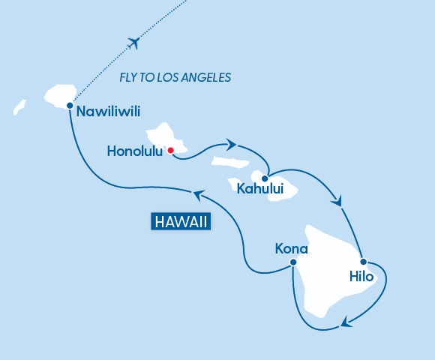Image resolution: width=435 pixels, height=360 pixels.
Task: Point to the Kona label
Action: point(292,247)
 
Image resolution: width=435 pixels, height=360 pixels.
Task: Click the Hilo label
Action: point(361,276)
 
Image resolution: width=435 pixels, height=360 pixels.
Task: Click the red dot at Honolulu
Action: point(171,150)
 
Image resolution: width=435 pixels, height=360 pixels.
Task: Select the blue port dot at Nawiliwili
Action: point(69,105)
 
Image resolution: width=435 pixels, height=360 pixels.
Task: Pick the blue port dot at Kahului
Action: point(265,178)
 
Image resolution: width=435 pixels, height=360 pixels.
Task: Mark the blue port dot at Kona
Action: point(293,262)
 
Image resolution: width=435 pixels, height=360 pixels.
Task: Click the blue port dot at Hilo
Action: point(363,262)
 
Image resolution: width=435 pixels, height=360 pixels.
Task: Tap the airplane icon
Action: point(135,42)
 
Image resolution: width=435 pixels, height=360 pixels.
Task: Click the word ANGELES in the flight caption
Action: point(206,77)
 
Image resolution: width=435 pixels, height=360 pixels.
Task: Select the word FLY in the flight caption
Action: point(129,77)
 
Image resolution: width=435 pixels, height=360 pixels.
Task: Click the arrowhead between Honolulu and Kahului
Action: point(232,144)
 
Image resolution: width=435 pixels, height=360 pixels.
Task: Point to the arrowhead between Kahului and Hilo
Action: point(337,201)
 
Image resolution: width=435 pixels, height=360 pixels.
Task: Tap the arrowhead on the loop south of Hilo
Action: point(346,323)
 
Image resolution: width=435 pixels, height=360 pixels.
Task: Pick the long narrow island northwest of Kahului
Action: point(230,161)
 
